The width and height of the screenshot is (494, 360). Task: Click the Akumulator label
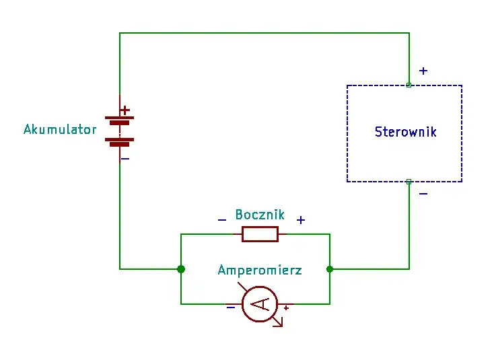60,129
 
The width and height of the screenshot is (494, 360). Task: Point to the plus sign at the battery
125,110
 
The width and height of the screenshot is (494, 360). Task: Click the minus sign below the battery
125,159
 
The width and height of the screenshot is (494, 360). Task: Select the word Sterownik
405,132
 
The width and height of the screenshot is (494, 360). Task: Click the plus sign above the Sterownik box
423,71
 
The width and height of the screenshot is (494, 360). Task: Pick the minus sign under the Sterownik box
423,194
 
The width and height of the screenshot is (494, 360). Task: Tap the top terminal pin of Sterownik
409,85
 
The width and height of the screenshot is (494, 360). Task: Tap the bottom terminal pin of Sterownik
409,182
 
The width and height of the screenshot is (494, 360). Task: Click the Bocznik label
260,215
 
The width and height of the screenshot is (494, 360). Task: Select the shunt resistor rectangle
260,234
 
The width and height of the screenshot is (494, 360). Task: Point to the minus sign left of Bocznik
222,220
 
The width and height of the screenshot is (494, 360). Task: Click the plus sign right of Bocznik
301,220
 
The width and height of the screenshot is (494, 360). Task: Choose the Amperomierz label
260,271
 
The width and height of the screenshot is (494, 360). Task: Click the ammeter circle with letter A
260,303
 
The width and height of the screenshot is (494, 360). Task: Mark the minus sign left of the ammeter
231,307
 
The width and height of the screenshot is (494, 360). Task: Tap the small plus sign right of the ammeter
286,308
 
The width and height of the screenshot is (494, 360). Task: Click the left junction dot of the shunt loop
181,269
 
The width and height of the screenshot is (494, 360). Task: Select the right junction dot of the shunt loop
330,269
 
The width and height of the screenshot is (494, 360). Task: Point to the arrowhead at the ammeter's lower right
279,322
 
